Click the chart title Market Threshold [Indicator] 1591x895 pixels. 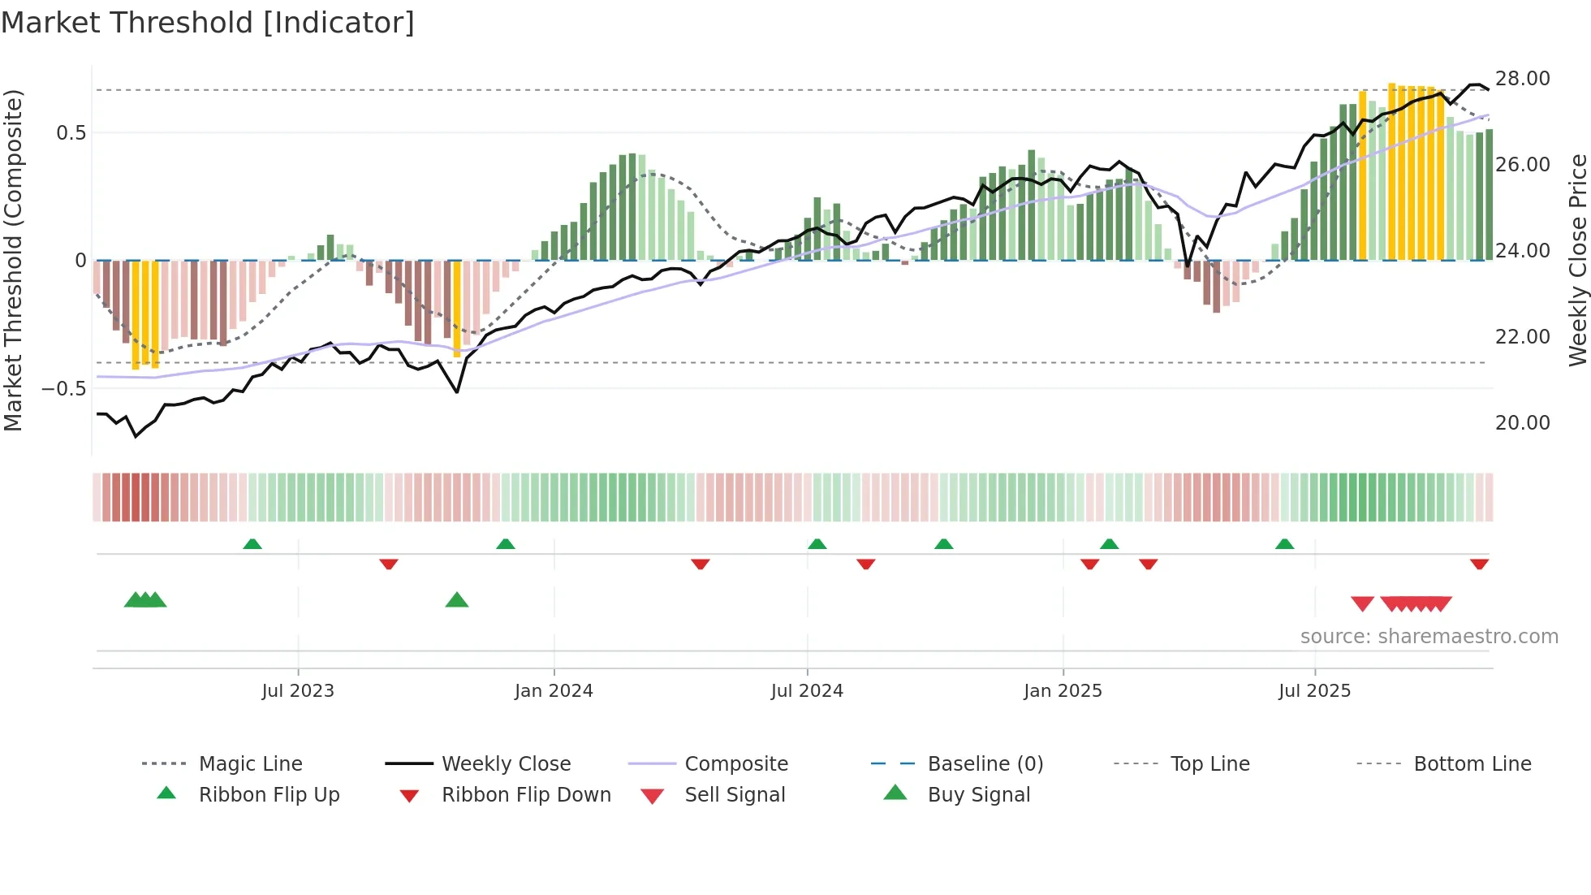coord(208,23)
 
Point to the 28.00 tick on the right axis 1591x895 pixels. coord(1522,79)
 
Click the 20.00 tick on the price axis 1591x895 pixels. coord(1522,423)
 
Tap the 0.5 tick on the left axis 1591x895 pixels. coord(71,133)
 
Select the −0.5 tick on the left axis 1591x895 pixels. coord(64,389)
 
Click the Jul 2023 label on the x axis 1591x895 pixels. coord(298,691)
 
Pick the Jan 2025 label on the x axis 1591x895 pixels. coord(1063,691)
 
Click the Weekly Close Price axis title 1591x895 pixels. coord(1577,260)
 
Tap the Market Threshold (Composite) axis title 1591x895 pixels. coord(13,260)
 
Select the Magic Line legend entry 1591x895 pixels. coord(250,764)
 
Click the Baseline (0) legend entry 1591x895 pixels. coord(985,764)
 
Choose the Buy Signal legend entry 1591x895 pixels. coord(978,795)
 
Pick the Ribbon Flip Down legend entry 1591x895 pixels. coord(526,795)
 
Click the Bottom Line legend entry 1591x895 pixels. coord(1472,764)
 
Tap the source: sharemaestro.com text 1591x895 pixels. coord(1429,637)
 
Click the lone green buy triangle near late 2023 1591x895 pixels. coord(457,601)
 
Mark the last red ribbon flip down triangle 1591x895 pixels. coord(1479,564)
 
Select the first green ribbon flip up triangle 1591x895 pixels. coord(252,544)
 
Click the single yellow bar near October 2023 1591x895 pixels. coord(457,309)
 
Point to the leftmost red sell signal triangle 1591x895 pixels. coord(1362,603)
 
